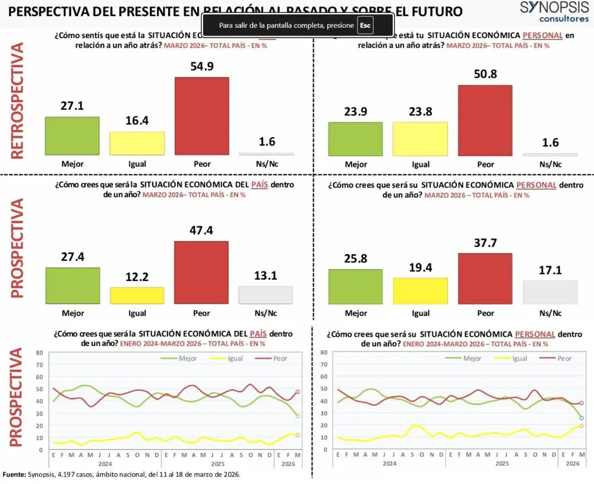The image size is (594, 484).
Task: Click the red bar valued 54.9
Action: [x=201, y=116]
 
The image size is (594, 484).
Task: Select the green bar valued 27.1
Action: [x=72, y=135]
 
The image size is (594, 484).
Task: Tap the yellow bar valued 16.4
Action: [x=137, y=143]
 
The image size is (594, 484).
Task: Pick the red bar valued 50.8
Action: [x=485, y=120]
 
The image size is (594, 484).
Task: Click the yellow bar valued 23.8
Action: [x=421, y=139]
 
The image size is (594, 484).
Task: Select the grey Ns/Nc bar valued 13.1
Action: [x=266, y=295]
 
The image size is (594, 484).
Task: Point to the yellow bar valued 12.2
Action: [x=137, y=296]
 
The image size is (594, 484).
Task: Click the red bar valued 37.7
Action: [x=485, y=279]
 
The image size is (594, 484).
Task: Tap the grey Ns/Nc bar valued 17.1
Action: [x=550, y=292]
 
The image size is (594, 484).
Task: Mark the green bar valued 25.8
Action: [x=356, y=287]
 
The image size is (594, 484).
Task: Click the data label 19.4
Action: [x=421, y=268]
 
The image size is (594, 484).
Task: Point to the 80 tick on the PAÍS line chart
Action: [x=39, y=352]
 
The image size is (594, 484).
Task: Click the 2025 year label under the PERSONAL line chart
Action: [x=503, y=463]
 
